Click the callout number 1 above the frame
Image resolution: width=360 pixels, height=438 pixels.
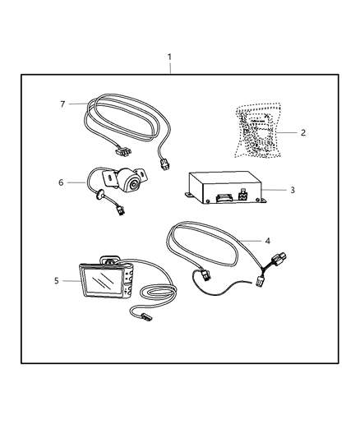[x=169, y=58]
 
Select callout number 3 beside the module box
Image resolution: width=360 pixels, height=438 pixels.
[x=292, y=191]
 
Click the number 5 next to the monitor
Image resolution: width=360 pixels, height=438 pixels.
[x=56, y=281]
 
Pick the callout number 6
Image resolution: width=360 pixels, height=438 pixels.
[x=60, y=182]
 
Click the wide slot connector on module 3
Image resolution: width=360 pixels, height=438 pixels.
[x=221, y=197]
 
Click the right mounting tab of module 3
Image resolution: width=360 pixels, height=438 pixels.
[x=264, y=201]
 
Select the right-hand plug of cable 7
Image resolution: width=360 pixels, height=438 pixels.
[x=165, y=164]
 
